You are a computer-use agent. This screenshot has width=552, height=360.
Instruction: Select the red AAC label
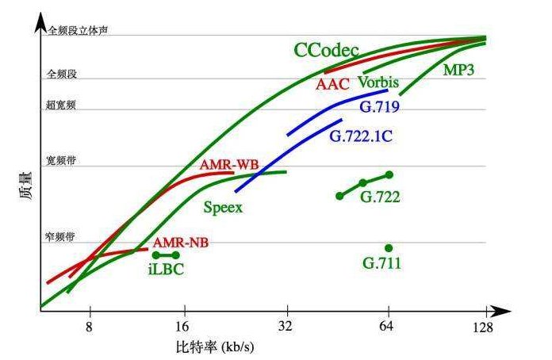(332, 83)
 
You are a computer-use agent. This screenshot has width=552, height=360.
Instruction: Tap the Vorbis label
(378, 82)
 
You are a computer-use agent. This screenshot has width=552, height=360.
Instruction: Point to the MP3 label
(458, 71)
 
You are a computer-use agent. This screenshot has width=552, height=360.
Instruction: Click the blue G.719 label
(379, 106)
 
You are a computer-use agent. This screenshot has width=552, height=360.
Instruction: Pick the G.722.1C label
(361, 135)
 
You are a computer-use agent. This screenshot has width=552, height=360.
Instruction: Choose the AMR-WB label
(229, 165)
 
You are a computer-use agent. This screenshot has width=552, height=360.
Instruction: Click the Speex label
(223, 208)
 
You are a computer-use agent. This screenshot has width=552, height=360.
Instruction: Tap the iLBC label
(167, 269)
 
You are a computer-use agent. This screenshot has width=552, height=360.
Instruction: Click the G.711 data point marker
(389, 247)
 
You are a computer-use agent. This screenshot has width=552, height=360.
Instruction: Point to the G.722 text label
(380, 196)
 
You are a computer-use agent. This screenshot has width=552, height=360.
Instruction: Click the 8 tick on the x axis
(90, 325)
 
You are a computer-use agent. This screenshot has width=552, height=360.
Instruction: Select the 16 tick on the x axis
(184, 325)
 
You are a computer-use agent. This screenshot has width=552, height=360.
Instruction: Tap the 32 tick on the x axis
(286, 325)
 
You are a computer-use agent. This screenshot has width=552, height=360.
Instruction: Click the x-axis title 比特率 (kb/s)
(216, 347)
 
